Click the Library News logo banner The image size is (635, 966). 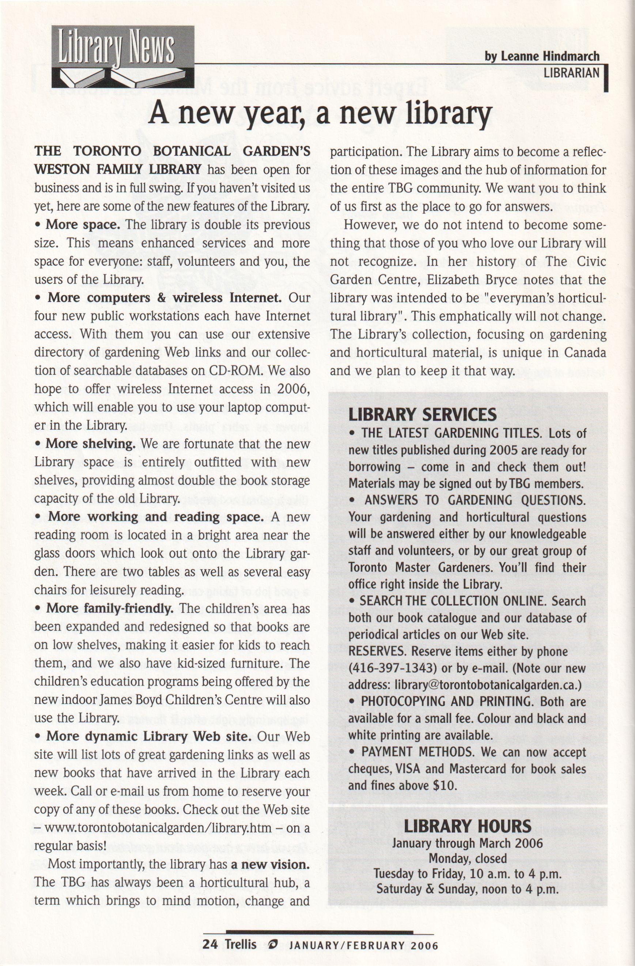click(122, 57)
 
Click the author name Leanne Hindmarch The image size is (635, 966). click(542, 56)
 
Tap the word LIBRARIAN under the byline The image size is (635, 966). click(571, 73)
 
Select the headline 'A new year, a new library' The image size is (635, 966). click(320, 114)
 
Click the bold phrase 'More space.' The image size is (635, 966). click(83, 224)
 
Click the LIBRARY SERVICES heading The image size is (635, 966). click(422, 414)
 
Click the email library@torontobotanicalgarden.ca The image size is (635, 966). click(487, 685)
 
